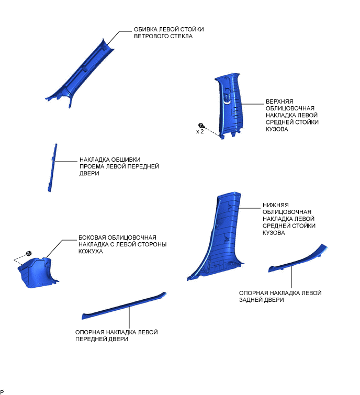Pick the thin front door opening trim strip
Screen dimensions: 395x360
(53, 167)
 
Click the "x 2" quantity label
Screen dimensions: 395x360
(200, 132)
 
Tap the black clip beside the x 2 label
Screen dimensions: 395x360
(201, 125)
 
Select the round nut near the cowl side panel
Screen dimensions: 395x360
(29, 254)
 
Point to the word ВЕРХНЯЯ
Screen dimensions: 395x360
(279, 101)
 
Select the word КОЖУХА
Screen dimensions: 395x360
(91, 251)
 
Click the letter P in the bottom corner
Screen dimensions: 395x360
(2, 392)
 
